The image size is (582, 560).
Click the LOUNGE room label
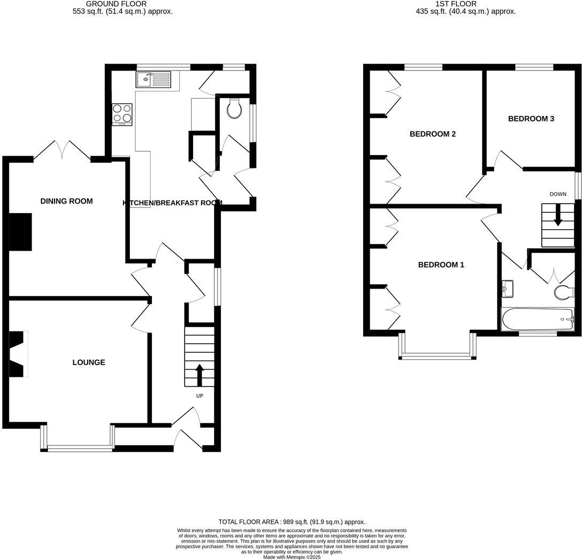(89, 362)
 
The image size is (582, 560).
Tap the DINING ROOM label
(66, 201)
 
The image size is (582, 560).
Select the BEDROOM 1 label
(441, 265)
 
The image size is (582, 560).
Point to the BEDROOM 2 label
(432, 134)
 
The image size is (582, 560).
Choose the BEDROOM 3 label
(531, 119)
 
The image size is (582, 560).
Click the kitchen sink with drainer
(153, 80)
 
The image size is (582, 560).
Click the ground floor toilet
(234, 108)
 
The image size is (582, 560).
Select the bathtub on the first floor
(537, 319)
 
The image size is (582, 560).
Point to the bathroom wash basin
(507, 289)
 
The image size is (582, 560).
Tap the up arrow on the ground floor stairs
(200, 375)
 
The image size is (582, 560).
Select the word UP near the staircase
(200, 396)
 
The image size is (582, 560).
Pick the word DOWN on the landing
(557, 194)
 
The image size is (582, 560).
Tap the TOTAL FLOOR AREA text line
(292, 522)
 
